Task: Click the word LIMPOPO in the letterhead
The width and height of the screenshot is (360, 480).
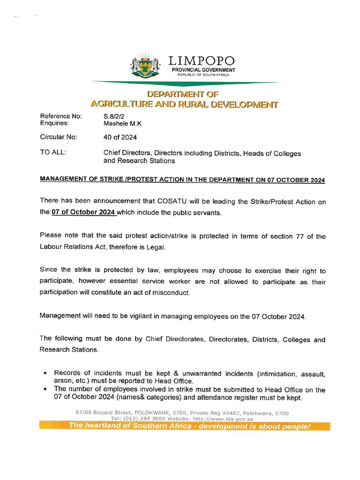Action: click(202, 61)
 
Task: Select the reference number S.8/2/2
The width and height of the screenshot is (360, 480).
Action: click(114, 116)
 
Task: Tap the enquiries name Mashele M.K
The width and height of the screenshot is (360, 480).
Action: click(122, 124)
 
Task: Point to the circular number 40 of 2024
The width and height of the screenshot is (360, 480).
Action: click(120, 137)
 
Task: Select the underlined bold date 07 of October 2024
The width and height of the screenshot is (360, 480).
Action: click(83, 212)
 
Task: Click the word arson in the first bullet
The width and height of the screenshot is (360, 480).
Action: click(63, 381)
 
